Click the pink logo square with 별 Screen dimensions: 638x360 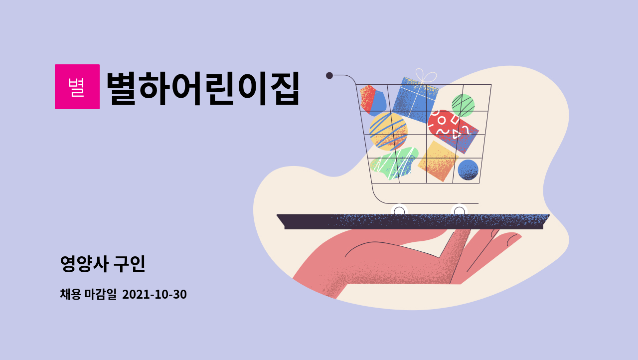[77, 87]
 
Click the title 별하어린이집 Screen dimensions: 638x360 [203, 88]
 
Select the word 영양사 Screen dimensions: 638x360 [84, 264]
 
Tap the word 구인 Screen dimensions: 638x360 [130, 264]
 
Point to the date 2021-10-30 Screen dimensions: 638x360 [155, 294]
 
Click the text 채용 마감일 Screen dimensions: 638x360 [88, 294]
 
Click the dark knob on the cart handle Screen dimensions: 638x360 [329, 75]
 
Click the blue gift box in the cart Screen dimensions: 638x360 [415, 100]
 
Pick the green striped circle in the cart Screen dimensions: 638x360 [463, 105]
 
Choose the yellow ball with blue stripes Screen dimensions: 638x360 [388, 131]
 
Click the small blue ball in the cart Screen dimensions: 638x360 [468, 170]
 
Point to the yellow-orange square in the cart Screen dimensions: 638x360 [438, 161]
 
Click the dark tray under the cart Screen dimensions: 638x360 [413, 221]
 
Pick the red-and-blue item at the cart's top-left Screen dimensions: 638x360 [373, 99]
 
